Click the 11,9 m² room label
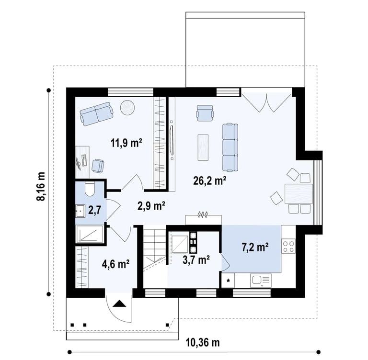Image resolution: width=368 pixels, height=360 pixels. point(126,143)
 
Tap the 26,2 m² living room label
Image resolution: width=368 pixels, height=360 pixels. point(209,180)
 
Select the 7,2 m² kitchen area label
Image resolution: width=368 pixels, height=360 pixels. point(255,247)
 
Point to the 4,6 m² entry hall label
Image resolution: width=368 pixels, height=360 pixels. point(115,264)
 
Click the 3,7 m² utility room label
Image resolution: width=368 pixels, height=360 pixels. point(196,259)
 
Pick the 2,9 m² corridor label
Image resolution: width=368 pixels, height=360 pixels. point(151,206)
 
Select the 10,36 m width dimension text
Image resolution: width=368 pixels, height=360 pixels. point(203,343)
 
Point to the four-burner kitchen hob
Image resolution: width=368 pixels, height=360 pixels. point(288,246)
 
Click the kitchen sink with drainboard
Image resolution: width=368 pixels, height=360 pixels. point(261,280)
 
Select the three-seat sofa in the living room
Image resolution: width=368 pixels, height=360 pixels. point(230,147)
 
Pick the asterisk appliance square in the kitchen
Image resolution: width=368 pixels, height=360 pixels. point(228,280)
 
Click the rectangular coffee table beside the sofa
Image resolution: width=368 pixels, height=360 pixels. point(203,147)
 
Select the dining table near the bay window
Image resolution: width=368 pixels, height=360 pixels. point(299,193)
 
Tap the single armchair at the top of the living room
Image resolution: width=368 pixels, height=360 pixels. point(205,113)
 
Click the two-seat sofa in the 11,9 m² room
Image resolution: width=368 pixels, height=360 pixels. point(96,114)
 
